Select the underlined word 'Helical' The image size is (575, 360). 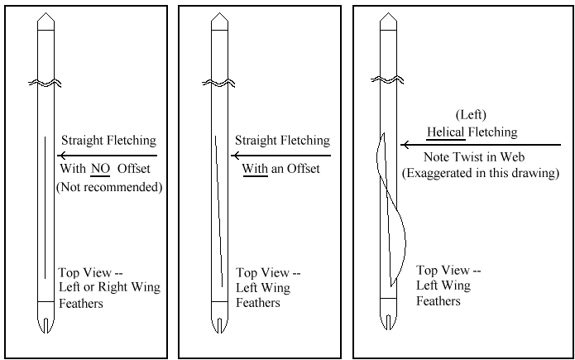pyautogui.click(x=447, y=132)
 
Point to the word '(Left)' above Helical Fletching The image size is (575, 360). pyautogui.click(x=471, y=115)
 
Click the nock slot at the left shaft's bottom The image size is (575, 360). pyautogui.click(x=46, y=319)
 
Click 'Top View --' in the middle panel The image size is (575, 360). pyautogui.click(x=268, y=272)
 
